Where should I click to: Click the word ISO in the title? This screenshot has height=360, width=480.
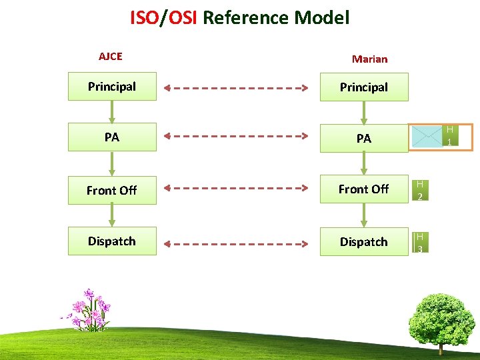click(144, 17)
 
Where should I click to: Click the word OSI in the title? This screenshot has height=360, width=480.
click(182, 17)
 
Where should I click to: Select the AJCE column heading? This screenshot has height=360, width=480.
click(111, 57)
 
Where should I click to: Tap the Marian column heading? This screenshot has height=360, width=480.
click(369, 59)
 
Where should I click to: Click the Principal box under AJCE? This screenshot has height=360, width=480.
click(112, 87)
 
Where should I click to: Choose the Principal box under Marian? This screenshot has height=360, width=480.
click(364, 87)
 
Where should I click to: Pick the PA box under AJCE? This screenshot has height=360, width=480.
click(112, 137)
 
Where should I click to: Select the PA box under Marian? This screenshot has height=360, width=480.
click(364, 139)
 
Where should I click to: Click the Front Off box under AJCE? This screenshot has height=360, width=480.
click(112, 190)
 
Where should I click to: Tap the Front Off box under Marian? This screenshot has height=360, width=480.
click(364, 189)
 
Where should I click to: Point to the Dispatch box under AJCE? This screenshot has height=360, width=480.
click(112, 241)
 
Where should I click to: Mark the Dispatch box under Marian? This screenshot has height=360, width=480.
click(364, 242)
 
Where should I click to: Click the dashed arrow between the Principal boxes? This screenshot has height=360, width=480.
click(237, 87)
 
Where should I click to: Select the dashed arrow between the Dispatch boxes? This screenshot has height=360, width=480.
click(237, 242)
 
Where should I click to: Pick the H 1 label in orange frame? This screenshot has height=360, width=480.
click(449, 136)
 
